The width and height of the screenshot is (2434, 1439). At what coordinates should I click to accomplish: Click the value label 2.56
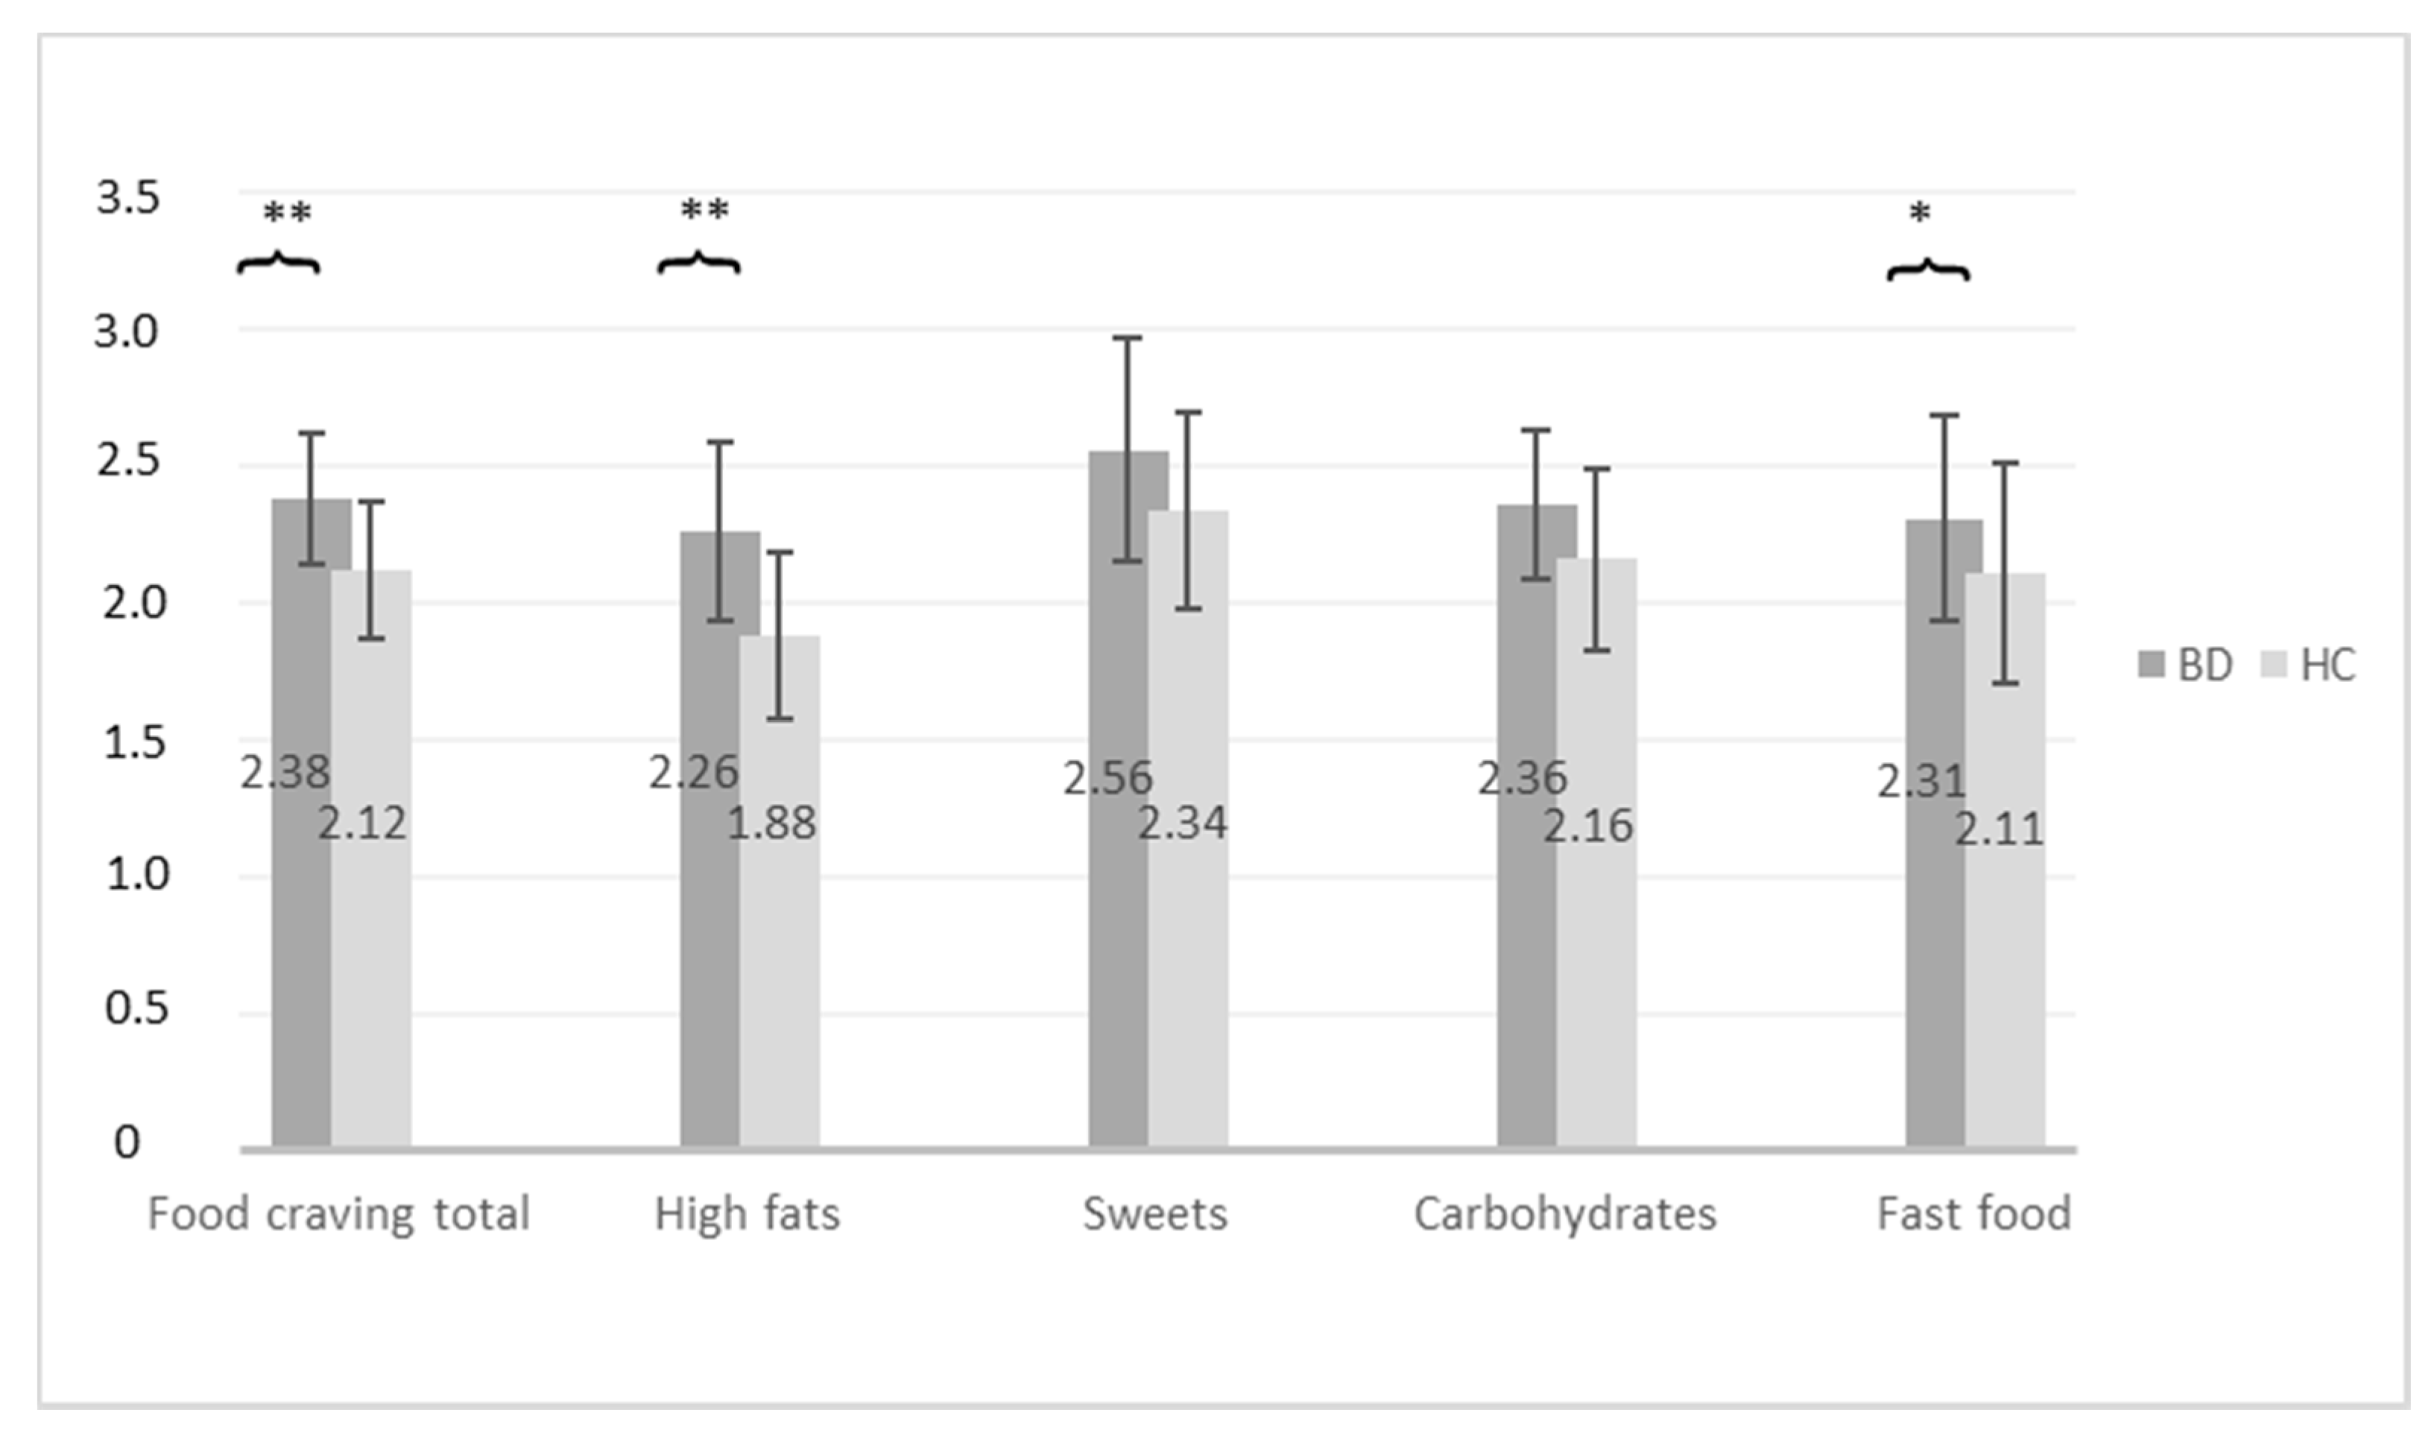1107,779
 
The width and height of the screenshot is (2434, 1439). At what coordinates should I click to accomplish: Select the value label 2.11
1997,830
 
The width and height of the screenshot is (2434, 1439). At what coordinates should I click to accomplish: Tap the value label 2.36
1522,779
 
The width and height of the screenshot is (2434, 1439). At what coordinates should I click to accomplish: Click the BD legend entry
2187,665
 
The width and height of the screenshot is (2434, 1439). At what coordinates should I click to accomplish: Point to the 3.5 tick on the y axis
127,199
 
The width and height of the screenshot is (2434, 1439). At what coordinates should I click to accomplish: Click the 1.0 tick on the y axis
136,876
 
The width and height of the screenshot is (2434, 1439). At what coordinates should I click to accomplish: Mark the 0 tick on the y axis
127,1143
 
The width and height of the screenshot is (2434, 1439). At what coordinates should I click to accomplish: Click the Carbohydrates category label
1564,1214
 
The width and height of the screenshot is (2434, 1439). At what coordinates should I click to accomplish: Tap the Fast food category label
1973,1214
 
